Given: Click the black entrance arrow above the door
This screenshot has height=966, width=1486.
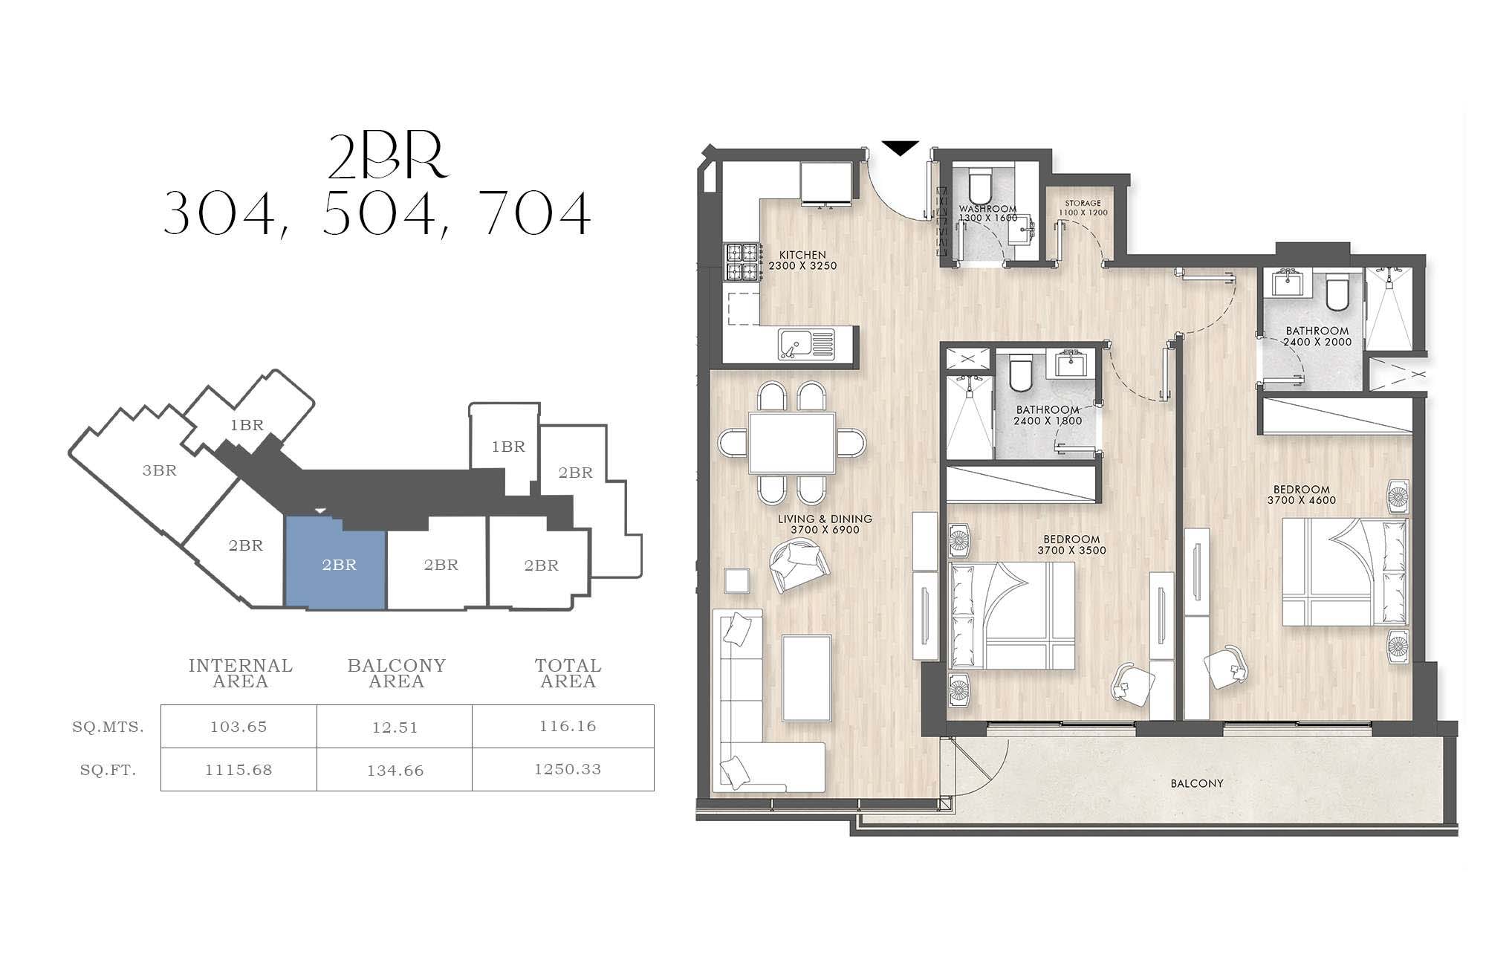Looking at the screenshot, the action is pyautogui.click(x=900, y=148).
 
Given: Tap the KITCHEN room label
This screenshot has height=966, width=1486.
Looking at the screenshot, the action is pyautogui.click(x=802, y=255).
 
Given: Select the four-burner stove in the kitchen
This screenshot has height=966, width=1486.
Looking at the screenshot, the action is pyautogui.click(x=742, y=263).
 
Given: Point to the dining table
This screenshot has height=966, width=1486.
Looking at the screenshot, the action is pyautogui.click(x=792, y=443).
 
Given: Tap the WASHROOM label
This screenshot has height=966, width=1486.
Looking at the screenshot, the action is pyautogui.click(x=987, y=209).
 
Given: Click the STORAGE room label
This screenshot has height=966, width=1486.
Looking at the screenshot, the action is pyautogui.click(x=1083, y=203).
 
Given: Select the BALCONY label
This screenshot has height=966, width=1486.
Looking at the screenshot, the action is pyautogui.click(x=1196, y=783).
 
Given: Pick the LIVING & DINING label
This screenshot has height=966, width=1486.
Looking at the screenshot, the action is pyautogui.click(x=825, y=519).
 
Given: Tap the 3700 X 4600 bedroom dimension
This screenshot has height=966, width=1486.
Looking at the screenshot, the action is pyautogui.click(x=1302, y=500).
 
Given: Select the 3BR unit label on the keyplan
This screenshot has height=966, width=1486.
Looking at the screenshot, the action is pyautogui.click(x=160, y=470).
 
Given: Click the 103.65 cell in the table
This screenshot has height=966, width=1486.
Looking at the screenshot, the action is pyautogui.click(x=239, y=727).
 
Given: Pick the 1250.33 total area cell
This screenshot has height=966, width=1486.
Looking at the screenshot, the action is pyautogui.click(x=568, y=769).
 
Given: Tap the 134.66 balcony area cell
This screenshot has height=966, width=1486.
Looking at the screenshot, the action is pyautogui.click(x=395, y=771).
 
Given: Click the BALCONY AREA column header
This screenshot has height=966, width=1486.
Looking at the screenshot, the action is pyautogui.click(x=397, y=673).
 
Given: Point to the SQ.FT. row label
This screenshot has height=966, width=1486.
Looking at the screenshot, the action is pyautogui.click(x=108, y=770).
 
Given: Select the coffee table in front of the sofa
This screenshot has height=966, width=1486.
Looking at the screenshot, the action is pyautogui.click(x=806, y=678).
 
